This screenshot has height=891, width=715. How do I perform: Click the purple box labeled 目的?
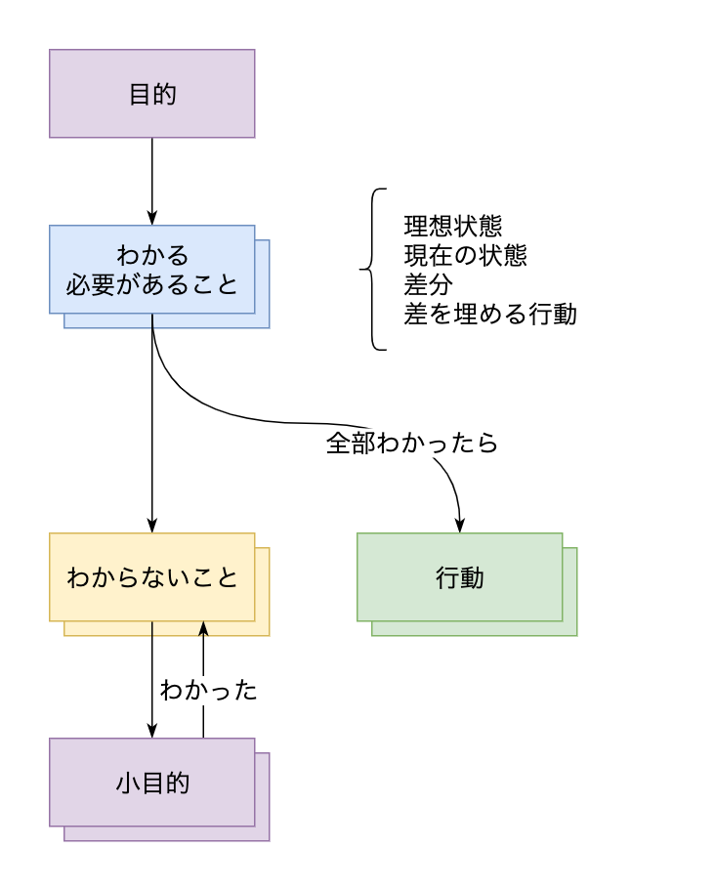click(152, 94)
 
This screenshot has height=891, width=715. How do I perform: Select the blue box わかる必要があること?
click(152, 270)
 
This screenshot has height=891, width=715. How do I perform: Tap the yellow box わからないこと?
click(152, 576)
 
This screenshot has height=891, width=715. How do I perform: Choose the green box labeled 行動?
click(460, 576)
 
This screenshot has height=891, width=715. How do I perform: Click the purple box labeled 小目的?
click(152, 782)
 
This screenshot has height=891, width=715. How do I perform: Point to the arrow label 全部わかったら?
click(412, 443)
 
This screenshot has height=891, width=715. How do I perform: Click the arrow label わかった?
click(209, 690)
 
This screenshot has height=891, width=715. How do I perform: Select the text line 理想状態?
click(453, 227)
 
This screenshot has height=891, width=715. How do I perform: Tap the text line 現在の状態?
click(466, 256)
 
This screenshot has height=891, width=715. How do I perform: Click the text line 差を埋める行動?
click(490, 315)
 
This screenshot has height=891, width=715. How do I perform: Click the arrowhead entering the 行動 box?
click(460, 526)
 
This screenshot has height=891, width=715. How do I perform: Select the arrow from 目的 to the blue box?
click(152, 176)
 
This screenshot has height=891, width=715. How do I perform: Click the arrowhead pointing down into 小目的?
click(152, 731)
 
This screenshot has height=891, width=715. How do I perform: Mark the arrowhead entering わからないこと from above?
click(152, 526)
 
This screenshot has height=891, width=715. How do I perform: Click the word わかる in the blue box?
click(152, 256)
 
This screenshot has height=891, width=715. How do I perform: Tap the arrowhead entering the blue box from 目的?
click(152, 218)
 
